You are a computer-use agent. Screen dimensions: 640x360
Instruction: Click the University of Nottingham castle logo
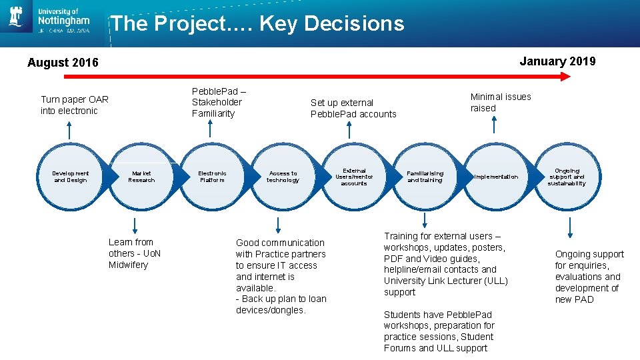click(x=16, y=17)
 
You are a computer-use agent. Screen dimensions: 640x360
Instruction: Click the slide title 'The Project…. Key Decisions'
click(x=257, y=24)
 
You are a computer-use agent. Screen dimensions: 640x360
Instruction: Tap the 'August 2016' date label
click(x=63, y=63)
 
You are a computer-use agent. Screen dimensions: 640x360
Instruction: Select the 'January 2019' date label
click(x=557, y=61)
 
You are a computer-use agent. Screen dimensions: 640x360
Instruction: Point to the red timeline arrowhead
click(x=565, y=77)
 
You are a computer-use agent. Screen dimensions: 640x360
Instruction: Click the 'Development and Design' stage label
click(x=70, y=177)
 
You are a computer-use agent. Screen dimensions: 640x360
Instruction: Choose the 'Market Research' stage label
click(x=141, y=177)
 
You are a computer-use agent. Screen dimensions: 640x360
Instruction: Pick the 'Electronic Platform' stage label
click(x=212, y=177)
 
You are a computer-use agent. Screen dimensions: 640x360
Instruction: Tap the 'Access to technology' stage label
click(x=283, y=177)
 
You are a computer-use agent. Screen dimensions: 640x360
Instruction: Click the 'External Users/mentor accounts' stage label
click(x=354, y=177)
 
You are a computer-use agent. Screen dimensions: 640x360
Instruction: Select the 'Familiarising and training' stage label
click(x=425, y=177)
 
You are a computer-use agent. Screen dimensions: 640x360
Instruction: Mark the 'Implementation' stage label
click(x=495, y=177)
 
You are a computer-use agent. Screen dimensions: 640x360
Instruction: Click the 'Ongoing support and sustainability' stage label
click(x=567, y=177)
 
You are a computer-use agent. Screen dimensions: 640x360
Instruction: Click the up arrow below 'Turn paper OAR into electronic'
click(x=69, y=131)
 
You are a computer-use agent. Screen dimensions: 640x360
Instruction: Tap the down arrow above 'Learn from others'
click(x=135, y=225)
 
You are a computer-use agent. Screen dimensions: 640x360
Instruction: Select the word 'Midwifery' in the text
click(x=128, y=265)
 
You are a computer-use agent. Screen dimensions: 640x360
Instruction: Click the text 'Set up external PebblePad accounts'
click(x=353, y=108)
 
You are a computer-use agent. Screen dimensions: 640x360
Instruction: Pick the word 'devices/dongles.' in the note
click(x=270, y=310)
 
